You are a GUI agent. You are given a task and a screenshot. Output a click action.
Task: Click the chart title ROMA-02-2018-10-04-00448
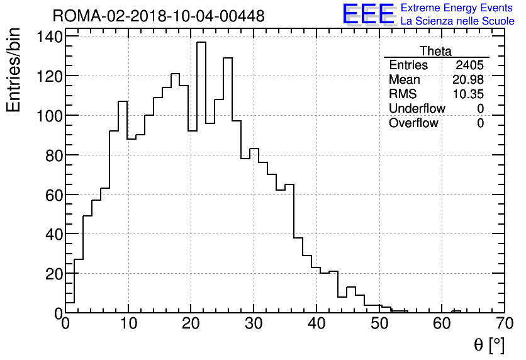point(159,16)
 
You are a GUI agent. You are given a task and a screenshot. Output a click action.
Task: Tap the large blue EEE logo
point(369,14)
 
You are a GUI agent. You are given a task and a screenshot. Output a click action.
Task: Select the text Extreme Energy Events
point(457,8)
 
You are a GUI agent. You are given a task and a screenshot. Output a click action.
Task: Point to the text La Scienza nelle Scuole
point(457,21)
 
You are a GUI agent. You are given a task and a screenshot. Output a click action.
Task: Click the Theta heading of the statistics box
point(435,51)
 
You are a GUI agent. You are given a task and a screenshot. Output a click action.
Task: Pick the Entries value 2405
point(470,65)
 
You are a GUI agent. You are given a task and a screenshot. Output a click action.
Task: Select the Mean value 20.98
point(468,80)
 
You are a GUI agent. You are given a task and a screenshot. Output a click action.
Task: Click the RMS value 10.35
point(468,94)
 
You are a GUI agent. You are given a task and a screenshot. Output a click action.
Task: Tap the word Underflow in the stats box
point(417,109)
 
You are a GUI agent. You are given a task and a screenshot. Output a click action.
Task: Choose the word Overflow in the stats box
point(413,123)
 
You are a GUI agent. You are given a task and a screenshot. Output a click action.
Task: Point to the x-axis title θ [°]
point(489,344)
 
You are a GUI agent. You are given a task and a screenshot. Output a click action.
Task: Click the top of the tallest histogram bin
point(201,43)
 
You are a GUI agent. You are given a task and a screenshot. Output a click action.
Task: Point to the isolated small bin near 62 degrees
point(456,311)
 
